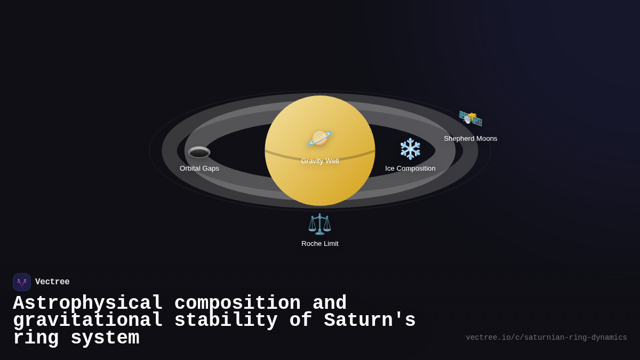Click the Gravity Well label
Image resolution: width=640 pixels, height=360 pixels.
click(319, 161)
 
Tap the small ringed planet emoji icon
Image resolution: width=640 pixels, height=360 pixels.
click(319, 138)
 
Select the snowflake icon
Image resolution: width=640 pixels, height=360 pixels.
click(410, 149)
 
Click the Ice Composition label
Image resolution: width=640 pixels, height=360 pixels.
click(410, 169)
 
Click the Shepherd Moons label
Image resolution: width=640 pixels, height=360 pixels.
click(470, 139)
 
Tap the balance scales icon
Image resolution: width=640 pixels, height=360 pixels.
click(319, 224)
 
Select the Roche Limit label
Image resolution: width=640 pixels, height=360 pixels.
click(319, 244)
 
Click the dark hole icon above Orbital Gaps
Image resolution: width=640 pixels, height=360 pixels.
click(199, 153)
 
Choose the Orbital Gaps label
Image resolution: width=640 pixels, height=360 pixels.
click(199, 169)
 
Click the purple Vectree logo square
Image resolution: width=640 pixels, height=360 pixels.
click(22, 282)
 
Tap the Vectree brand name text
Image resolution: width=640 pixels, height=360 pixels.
click(52, 282)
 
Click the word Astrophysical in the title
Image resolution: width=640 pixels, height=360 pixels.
click(87, 303)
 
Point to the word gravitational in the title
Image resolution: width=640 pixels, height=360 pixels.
click(87, 321)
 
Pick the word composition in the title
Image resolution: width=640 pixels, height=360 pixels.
click(237, 303)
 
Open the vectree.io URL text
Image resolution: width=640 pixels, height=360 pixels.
click(546, 338)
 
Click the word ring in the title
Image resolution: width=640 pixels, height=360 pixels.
click(35, 338)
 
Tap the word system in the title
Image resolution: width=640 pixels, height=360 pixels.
click(105, 338)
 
